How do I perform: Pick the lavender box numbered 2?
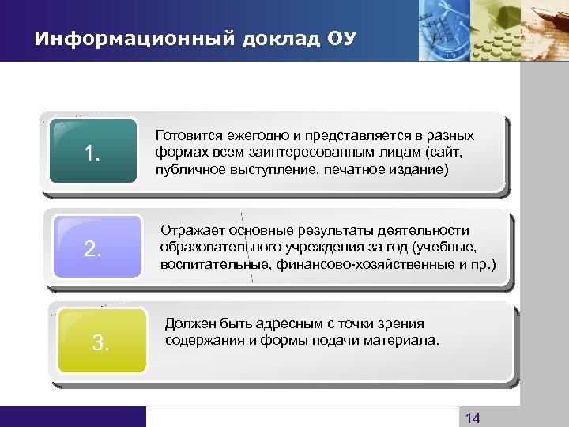pos(93,249)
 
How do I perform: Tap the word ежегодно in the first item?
pos(251,135)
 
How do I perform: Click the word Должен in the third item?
pos(188,323)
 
